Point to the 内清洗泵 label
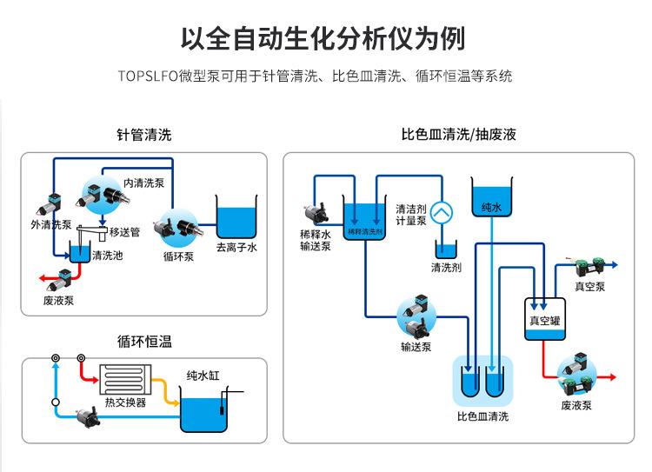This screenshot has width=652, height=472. [x=143, y=183]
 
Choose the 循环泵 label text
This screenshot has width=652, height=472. [x=178, y=256]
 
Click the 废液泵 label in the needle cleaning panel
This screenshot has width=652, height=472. [x=58, y=300]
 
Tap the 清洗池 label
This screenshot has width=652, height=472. [x=107, y=256]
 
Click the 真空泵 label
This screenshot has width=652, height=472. [x=589, y=287]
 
